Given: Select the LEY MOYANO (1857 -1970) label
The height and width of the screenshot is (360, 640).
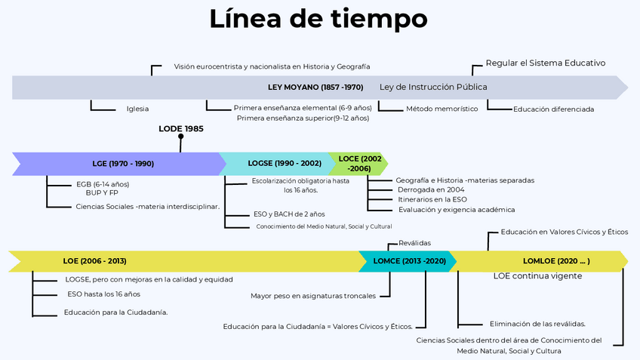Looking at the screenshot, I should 315,87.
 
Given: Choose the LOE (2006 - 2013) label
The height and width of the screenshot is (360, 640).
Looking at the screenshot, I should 94,261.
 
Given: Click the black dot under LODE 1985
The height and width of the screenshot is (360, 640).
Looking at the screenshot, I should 180,137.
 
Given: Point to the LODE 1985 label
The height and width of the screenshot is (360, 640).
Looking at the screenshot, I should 180,128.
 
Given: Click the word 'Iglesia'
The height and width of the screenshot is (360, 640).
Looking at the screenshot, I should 137,109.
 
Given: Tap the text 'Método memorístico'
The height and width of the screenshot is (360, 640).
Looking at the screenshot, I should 442,109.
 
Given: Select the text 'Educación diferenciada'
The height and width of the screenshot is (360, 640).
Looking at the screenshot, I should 553,109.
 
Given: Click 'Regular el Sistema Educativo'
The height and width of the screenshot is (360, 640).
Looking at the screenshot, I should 545,63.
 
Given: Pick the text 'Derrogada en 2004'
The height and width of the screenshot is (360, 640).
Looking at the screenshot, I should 431,190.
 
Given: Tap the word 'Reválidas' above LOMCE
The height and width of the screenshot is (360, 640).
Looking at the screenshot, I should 414,243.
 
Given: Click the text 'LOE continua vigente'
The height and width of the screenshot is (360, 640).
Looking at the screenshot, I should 537,276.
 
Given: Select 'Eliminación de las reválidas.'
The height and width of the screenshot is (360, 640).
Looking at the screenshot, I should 537,324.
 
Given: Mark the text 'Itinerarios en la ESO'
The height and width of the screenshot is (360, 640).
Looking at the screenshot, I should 432,199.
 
